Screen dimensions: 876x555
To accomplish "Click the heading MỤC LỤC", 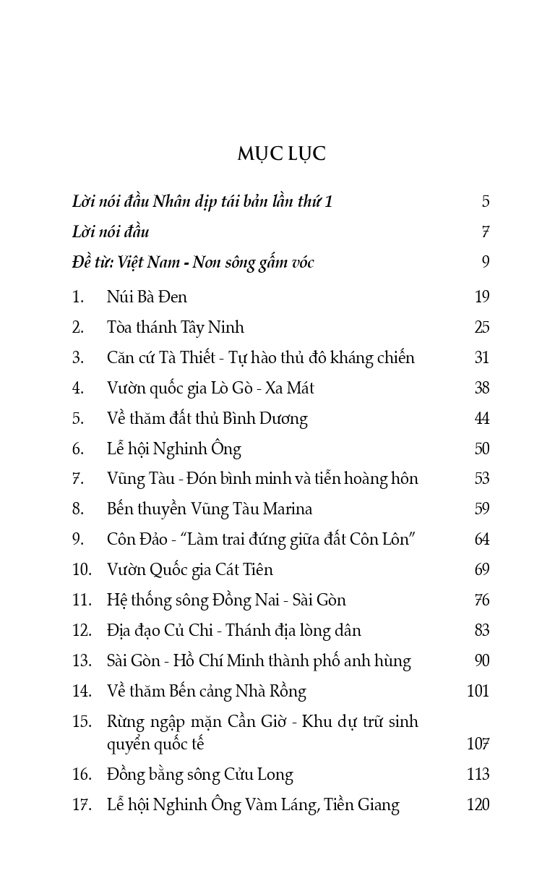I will click(x=281, y=154).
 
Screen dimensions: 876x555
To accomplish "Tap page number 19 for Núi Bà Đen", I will click(x=482, y=297).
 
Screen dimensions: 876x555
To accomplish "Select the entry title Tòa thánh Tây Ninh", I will click(x=175, y=327).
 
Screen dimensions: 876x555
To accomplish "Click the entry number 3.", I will click(x=78, y=357).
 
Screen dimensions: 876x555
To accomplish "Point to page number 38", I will click(x=482, y=388).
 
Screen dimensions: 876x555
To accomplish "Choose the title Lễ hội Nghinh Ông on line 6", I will click(x=173, y=448).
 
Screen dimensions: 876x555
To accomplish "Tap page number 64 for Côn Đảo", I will click(x=482, y=540).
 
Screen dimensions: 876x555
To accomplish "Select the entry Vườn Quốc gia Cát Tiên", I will click(x=189, y=570).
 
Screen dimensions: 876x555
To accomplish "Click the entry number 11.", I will click(x=81, y=600).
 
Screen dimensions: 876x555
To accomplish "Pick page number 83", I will click(x=482, y=631).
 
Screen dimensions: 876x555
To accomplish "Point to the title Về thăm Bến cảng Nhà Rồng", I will click(x=206, y=692).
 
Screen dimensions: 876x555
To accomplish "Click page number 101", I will click(x=478, y=692).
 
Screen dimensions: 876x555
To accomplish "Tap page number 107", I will click(x=478, y=744).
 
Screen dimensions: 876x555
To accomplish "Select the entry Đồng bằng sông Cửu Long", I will click(x=199, y=775).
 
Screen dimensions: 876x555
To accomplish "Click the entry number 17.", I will click(x=81, y=805).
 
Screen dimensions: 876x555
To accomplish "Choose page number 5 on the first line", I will click(x=486, y=202).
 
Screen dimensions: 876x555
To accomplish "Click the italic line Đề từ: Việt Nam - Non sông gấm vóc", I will click(x=193, y=263).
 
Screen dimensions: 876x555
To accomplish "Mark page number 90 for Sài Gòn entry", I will click(x=482, y=661).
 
